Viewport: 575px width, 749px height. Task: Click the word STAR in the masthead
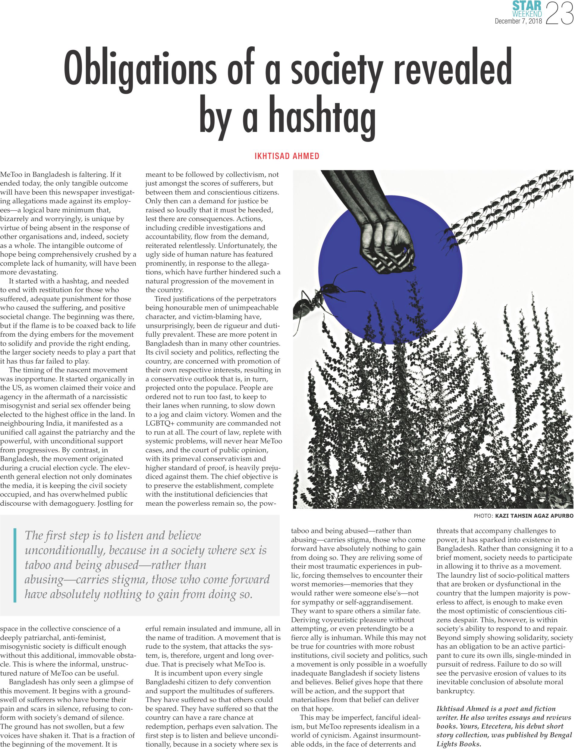tap(527, 6)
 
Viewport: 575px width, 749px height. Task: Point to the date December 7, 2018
tap(518, 21)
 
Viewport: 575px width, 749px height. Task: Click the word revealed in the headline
tap(452, 68)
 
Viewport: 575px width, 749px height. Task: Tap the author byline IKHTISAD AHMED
tap(287, 156)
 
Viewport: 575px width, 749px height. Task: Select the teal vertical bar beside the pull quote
tap(15, 565)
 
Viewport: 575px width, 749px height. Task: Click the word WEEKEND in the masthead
tap(527, 14)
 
